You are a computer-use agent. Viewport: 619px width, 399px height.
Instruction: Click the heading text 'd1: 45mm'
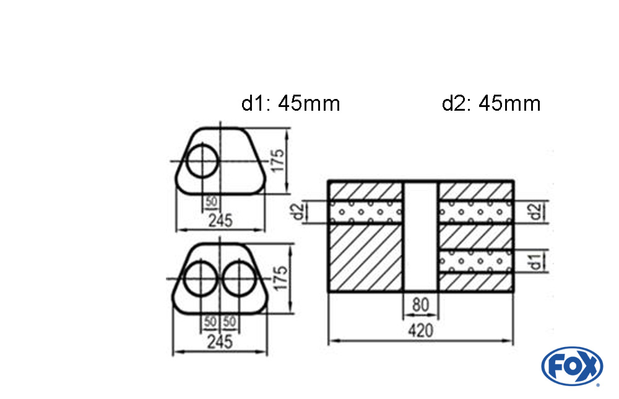tap(290, 103)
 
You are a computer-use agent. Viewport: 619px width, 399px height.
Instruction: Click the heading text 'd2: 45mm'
tap(491, 103)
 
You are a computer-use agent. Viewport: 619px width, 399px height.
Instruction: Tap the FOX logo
tap(571, 366)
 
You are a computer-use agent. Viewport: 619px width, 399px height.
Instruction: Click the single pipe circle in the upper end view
tap(202, 161)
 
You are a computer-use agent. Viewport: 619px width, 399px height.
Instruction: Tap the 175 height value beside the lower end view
tap(280, 278)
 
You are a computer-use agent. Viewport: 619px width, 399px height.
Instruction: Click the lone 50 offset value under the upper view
tap(211, 202)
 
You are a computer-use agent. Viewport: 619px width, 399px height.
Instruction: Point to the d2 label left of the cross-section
tap(298, 212)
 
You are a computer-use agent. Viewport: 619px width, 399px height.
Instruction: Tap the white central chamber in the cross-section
tap(420, 236)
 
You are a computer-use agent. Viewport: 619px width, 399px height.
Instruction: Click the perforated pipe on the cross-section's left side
tap(365, 212)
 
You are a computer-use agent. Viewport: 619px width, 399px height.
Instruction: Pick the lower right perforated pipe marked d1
tap(475, 260)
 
